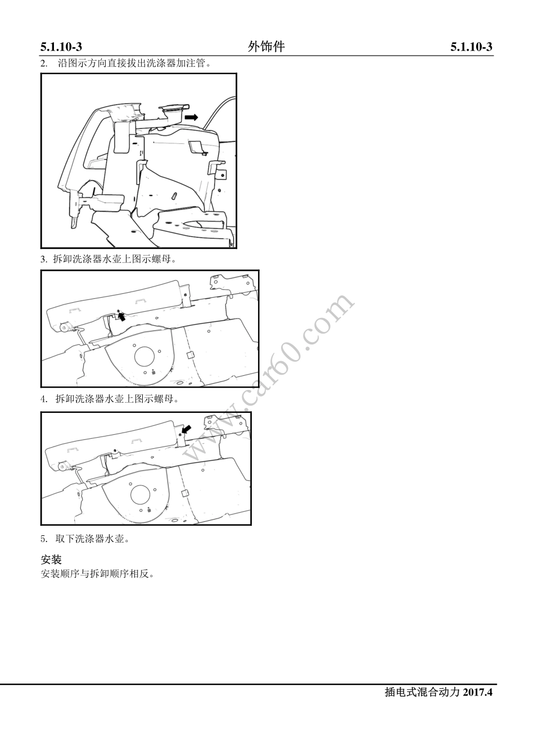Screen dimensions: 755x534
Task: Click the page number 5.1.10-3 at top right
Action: pyautogui.click(x=471, y=47)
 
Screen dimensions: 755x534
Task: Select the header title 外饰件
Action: pyautogui.click(x=266, y=47)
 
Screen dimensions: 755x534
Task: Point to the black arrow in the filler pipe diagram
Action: pyautogui.click(x=192, y=117)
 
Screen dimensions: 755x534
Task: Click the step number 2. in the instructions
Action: pyautogui.click(x=44, y=63)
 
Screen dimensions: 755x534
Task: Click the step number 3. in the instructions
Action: pyautogui.click(x=44, y=259)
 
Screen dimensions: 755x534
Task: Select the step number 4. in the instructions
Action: pyautogui.click(x=44, y=399)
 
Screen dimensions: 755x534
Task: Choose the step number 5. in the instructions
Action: pyautogui.click(x=44, y=539)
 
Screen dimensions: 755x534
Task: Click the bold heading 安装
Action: pyautogui.click(x=51, y=560)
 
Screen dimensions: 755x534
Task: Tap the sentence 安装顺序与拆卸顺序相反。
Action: pyautogui.click(x=97, y=574)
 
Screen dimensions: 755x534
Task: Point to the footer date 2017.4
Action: pyautogui.click(x=477, y=692)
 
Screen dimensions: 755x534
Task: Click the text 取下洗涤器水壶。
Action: pyautogui.click(x=93, y=539)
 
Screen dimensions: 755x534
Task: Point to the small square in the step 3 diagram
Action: pyautogui.click(x=190, y=354)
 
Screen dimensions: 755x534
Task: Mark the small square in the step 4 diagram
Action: pyautogui.click(x=184, y=493)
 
